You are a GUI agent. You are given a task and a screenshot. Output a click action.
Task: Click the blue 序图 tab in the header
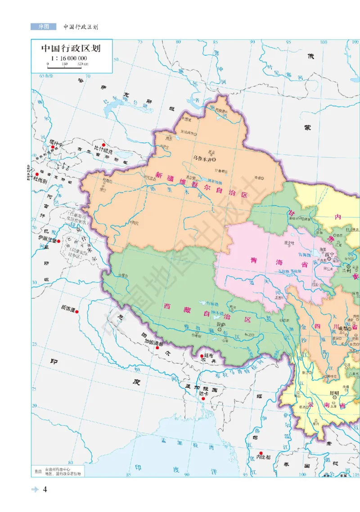click(x=44, y=27)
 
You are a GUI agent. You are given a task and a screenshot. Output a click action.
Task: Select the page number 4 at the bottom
click(x=45, y=490)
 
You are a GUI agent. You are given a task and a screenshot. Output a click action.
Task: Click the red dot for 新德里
click(x=77, y=311)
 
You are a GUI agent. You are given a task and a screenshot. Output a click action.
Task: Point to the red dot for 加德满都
click(x=157, y=347)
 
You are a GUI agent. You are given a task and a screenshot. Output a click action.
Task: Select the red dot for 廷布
click(x=201, y=356)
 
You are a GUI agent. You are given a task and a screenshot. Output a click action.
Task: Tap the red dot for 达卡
click(x=203, y=399)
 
